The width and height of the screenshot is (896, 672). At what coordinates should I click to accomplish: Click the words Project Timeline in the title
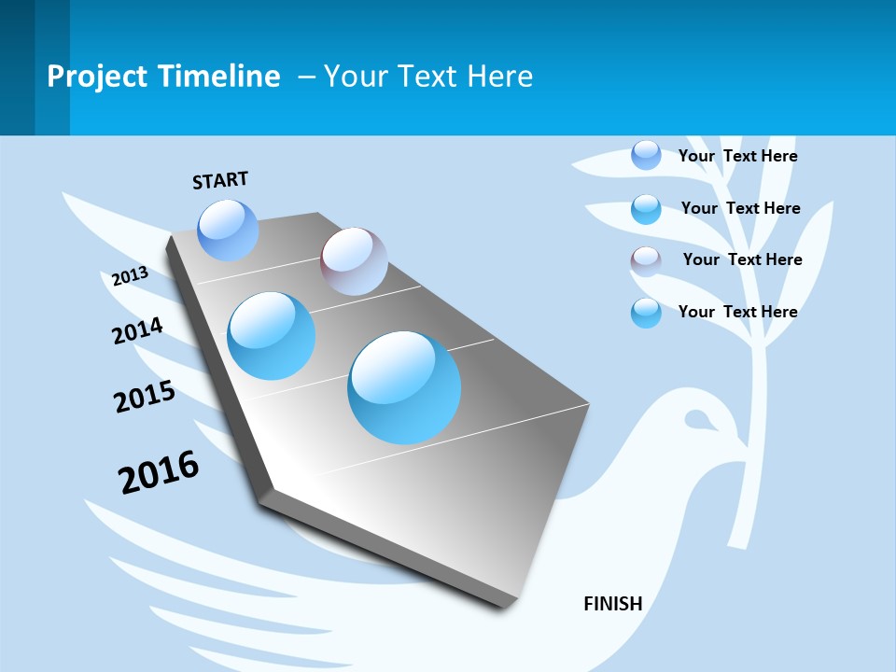coord(163,77)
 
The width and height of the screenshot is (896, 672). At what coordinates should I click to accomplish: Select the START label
coord(220,180)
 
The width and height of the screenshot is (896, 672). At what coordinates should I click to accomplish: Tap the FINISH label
coord(613,604)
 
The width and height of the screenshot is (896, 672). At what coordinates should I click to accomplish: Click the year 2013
coord(130,275)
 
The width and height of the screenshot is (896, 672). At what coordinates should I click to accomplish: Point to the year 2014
coord(137,330)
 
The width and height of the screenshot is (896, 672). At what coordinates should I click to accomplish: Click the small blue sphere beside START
coord(229,230)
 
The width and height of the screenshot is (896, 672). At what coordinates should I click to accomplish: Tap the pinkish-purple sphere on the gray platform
coord(354,261)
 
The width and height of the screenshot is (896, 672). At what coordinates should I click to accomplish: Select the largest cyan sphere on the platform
coord(404,387)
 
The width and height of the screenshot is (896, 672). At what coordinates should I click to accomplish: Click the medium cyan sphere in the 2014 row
coord(271,336)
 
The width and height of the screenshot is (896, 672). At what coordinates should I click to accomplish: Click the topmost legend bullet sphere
coord(646,155)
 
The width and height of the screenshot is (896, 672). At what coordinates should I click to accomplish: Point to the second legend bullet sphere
coord(646,209)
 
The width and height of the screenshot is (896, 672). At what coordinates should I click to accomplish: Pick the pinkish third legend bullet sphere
coord(646,261)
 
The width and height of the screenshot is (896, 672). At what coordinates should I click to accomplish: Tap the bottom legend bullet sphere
coord(646,313)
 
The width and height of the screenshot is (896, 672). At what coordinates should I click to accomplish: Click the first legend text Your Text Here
coord(737,156)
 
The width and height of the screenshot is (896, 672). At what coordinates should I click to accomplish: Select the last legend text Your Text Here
coord(737,312)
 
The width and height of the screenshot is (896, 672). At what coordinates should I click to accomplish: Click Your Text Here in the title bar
coord(427,77)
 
